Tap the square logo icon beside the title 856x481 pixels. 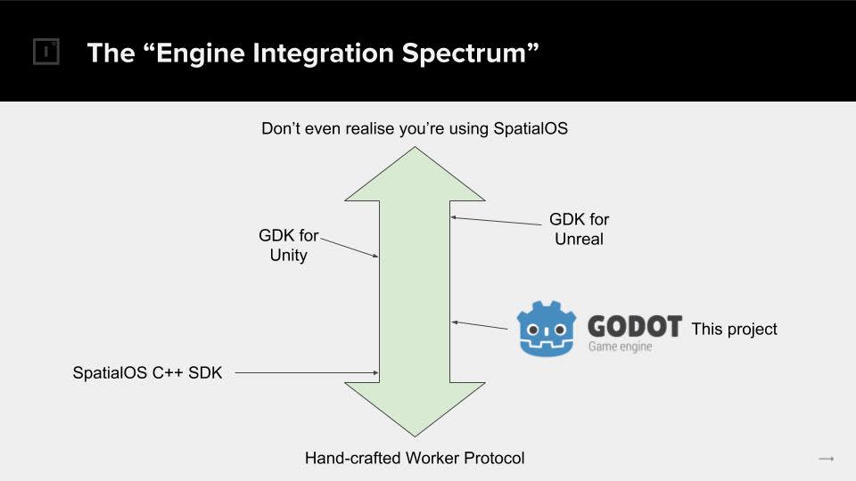coord(45,53)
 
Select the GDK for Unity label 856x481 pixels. coord(288,246)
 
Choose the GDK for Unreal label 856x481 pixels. coord(579,229)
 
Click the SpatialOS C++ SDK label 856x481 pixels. coord(147,373)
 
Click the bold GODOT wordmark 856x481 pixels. coord(635,326)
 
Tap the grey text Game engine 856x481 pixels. coord(620,346)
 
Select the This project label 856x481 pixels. coord(734,330)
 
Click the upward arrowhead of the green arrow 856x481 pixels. coord(416,175)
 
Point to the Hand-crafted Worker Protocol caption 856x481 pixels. coord(415,459)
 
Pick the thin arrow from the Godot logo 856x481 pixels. coord(481,326)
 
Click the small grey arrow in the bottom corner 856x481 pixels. coord(826,459)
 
